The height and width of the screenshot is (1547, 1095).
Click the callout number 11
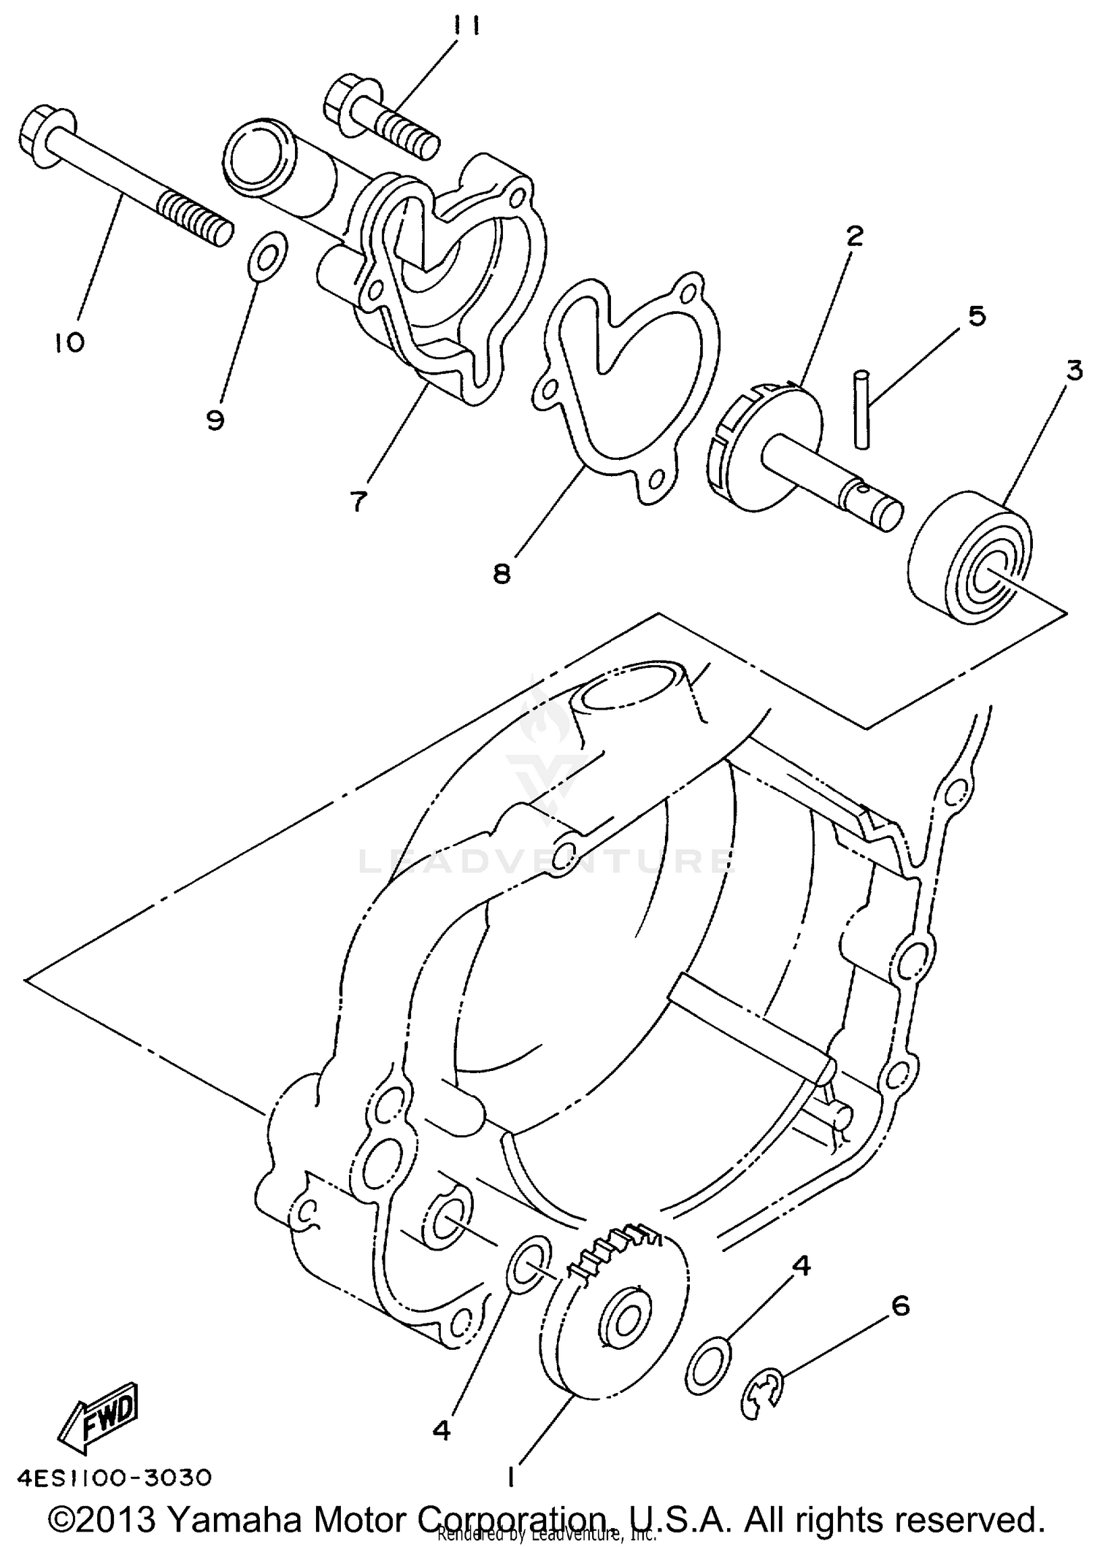[465, 28]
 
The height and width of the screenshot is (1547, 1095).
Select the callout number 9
[215, 420]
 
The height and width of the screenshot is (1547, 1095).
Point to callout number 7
[357, 502]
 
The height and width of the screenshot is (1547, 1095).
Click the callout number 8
[502, 573]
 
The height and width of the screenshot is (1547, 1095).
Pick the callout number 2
[855, 235]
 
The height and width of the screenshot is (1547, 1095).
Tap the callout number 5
[977, 316]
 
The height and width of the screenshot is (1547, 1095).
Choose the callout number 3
[1073, 372]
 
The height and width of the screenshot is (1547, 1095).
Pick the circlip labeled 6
[762, 1396]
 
